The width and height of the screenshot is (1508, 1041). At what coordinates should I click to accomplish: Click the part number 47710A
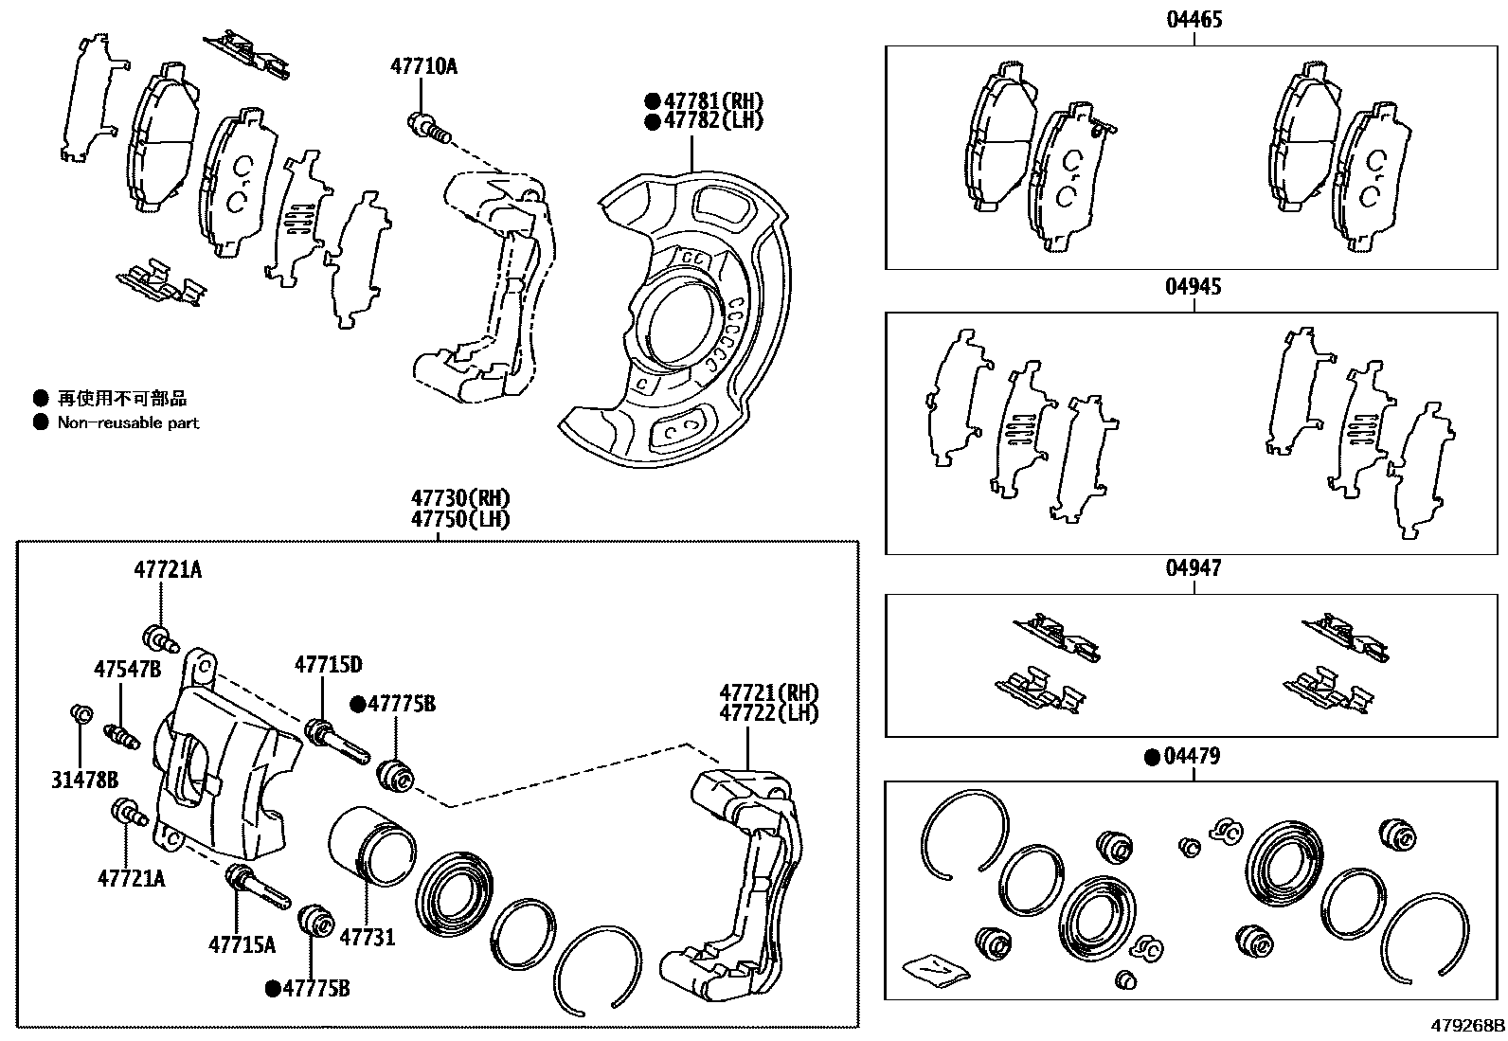click(x=423, y=65)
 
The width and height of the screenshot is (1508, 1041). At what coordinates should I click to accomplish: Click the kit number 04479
click(x=1192, y=756)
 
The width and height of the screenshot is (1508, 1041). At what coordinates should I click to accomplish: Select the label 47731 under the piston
click(x=367, y=938)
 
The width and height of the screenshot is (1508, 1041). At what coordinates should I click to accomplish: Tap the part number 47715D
click(x=328, y=664)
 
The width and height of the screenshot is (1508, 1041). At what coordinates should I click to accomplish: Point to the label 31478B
click(x=84, y=780)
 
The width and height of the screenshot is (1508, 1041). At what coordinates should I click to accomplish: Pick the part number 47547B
click(x=127, y=670)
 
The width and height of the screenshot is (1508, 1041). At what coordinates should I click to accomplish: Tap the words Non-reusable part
click(x=129, y=423)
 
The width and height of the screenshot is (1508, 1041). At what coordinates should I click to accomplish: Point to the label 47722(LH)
click(x=768, y=713)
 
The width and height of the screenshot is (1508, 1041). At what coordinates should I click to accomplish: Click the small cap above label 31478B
click(x=81, y=712)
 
